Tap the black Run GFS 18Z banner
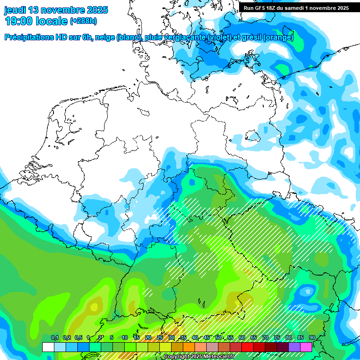[296, 7]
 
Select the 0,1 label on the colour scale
[54, 338]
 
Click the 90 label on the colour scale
[312, 338]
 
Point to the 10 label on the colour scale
[125, 338]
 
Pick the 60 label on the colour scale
[242, 338]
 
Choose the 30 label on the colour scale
[172, 338]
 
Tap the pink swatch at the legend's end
[306, 347]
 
